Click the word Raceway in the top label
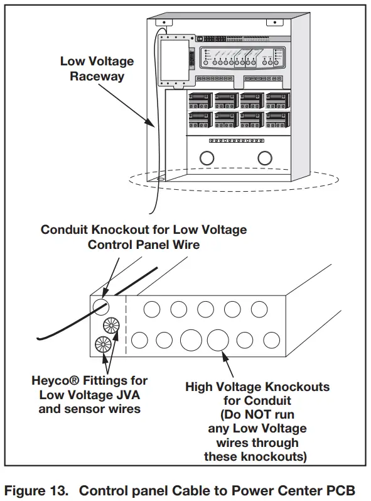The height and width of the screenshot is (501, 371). [x=97, y=76]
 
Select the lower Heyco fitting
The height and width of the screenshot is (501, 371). [x=102, y=345]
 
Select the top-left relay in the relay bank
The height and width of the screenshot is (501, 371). [x=200, y=101]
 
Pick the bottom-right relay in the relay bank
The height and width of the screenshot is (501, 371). [x=277, y=118]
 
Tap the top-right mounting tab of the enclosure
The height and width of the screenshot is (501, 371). [x=274, y=23]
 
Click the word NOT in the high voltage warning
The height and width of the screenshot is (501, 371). [x=262, y=415]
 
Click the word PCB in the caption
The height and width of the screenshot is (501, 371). [x=345, y=489]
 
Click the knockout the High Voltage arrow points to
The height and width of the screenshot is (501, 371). [x=217, y=339]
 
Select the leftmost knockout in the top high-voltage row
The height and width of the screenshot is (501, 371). [x=151, y=309]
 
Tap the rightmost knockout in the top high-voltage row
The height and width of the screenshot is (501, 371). [x=259, y=309]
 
